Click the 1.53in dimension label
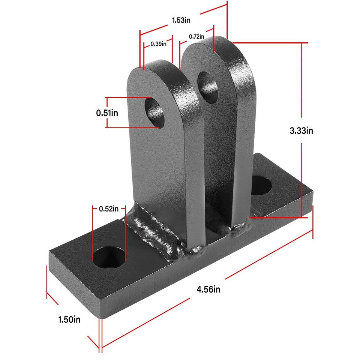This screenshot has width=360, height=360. coord(181,20)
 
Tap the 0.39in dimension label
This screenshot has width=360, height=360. coord(158,44)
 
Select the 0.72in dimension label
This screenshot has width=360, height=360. coord(196,36)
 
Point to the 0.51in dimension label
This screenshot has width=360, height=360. coord(107,113)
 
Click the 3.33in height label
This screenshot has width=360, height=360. coord(301,130)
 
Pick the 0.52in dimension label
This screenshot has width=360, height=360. coord(108,209)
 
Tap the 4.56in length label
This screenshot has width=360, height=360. coord(208,289)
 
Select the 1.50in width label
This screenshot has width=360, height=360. coord(69,320)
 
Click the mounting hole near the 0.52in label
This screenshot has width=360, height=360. coord(109,258)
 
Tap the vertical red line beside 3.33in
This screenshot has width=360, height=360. coord(302,94)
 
